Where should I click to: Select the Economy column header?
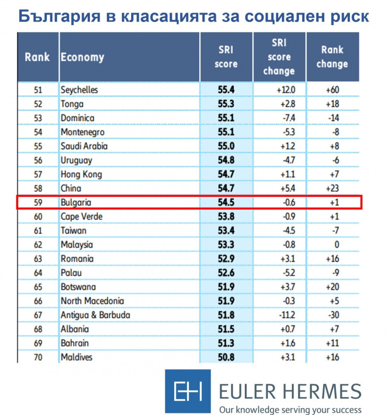(82, 57)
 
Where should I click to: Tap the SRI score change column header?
(279, 57)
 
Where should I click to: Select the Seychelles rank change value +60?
(332, 90)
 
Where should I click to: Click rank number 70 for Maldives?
(38, 357)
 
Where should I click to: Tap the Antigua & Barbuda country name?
(95, 315)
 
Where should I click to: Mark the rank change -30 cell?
(332, 315)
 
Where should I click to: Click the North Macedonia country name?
(92, 301)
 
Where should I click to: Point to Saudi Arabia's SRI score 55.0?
(226, 146)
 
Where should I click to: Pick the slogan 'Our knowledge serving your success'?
(290, 409)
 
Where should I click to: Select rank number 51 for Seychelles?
(38, 90)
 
